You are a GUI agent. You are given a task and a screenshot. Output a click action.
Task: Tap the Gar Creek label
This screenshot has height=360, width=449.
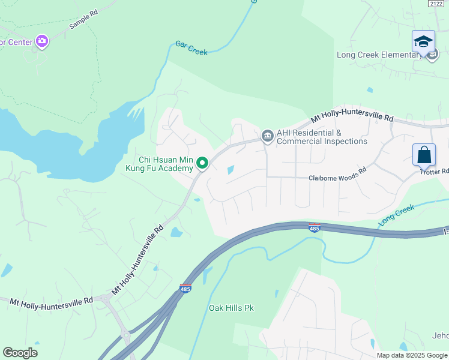tap(191, 48)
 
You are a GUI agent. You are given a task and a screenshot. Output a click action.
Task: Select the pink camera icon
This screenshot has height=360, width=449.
tap(41, 41)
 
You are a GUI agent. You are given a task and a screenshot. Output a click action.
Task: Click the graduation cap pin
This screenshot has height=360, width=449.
tap(423, 41)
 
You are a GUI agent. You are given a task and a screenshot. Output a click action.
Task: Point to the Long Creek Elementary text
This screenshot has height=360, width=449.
tap(379, 55)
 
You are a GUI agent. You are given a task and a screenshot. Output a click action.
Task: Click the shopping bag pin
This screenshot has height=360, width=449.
tap(424, 155)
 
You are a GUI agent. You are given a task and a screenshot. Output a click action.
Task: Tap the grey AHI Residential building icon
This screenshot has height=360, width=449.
tap(267, 137)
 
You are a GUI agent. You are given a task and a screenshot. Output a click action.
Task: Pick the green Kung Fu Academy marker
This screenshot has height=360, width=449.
tap(203, 163)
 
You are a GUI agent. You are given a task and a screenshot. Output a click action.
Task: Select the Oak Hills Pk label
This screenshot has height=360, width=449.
tap(231, 308)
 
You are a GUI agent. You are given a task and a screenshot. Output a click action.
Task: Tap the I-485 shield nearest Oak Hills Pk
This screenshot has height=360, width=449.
tap(185, 289)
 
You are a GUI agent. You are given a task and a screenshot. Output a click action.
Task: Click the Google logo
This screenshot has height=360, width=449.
tap(20, 353)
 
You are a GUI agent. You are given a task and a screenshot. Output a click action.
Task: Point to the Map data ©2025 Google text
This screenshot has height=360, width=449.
tap(412, 355)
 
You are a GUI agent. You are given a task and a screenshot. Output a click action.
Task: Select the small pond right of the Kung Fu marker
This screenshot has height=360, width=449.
tap(231, 170)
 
